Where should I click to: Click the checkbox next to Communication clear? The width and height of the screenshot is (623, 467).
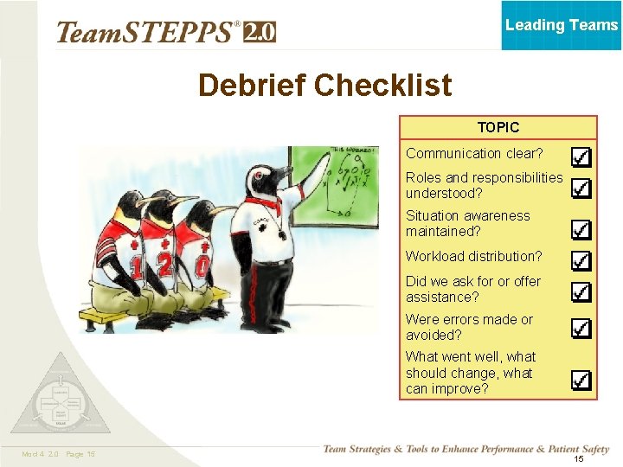click(x=581, y=157)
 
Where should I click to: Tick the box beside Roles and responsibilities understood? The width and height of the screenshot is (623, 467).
click(x=581, y=188)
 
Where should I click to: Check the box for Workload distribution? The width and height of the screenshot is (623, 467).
click(x=581, y=260)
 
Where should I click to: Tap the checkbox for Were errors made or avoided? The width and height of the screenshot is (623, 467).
click(x=581, y=329)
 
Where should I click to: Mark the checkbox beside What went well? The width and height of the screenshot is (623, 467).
click(x=581, y=380)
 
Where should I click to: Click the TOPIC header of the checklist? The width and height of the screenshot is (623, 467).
click(x=498, y=127)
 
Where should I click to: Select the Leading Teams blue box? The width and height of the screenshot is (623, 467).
click(x=562, y=25)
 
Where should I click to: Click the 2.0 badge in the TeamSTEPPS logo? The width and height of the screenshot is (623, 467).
click(x=260, y=32)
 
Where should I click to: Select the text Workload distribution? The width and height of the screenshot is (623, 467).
click(x=474, y=256)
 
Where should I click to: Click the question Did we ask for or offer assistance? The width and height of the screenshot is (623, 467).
click(x=473, y=289)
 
